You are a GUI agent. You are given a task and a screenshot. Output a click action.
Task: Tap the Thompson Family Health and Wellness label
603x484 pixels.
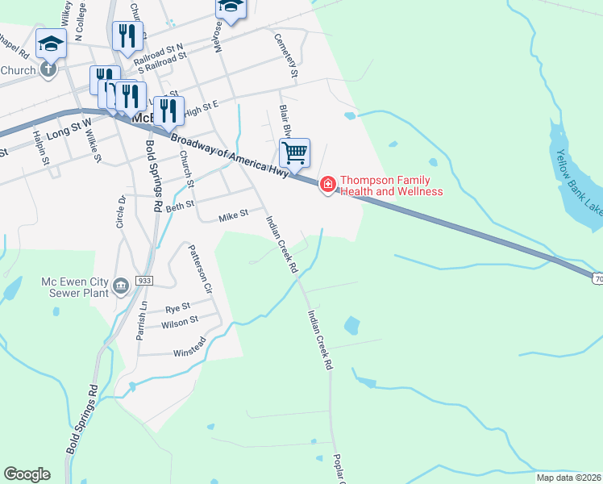[392, 186]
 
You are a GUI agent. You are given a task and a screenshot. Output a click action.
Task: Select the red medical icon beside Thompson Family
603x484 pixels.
[328, 186]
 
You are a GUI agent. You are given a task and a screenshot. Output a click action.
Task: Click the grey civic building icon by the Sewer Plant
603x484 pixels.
[120, 286]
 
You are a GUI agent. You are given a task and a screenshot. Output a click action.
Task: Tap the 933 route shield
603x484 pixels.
[144, 280]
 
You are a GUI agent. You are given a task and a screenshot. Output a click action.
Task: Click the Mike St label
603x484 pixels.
[233, 216]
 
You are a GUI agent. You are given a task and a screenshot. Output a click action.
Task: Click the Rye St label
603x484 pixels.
[177, 307]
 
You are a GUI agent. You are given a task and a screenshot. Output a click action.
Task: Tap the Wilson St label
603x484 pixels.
[180, 322]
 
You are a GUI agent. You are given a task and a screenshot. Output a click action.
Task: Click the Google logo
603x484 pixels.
[27, 474]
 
